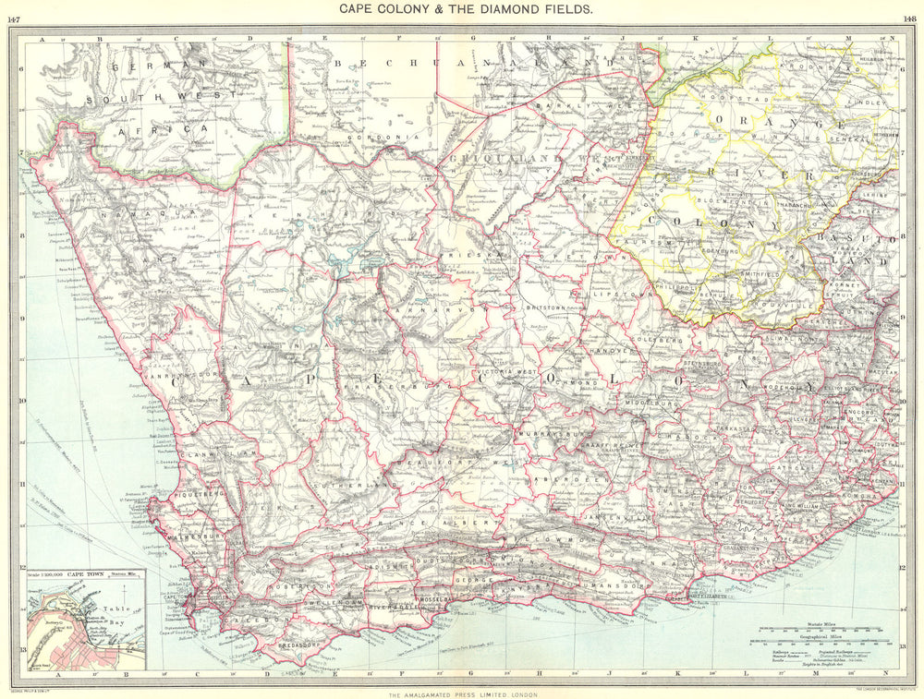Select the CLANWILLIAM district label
click(x=212, y=455)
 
